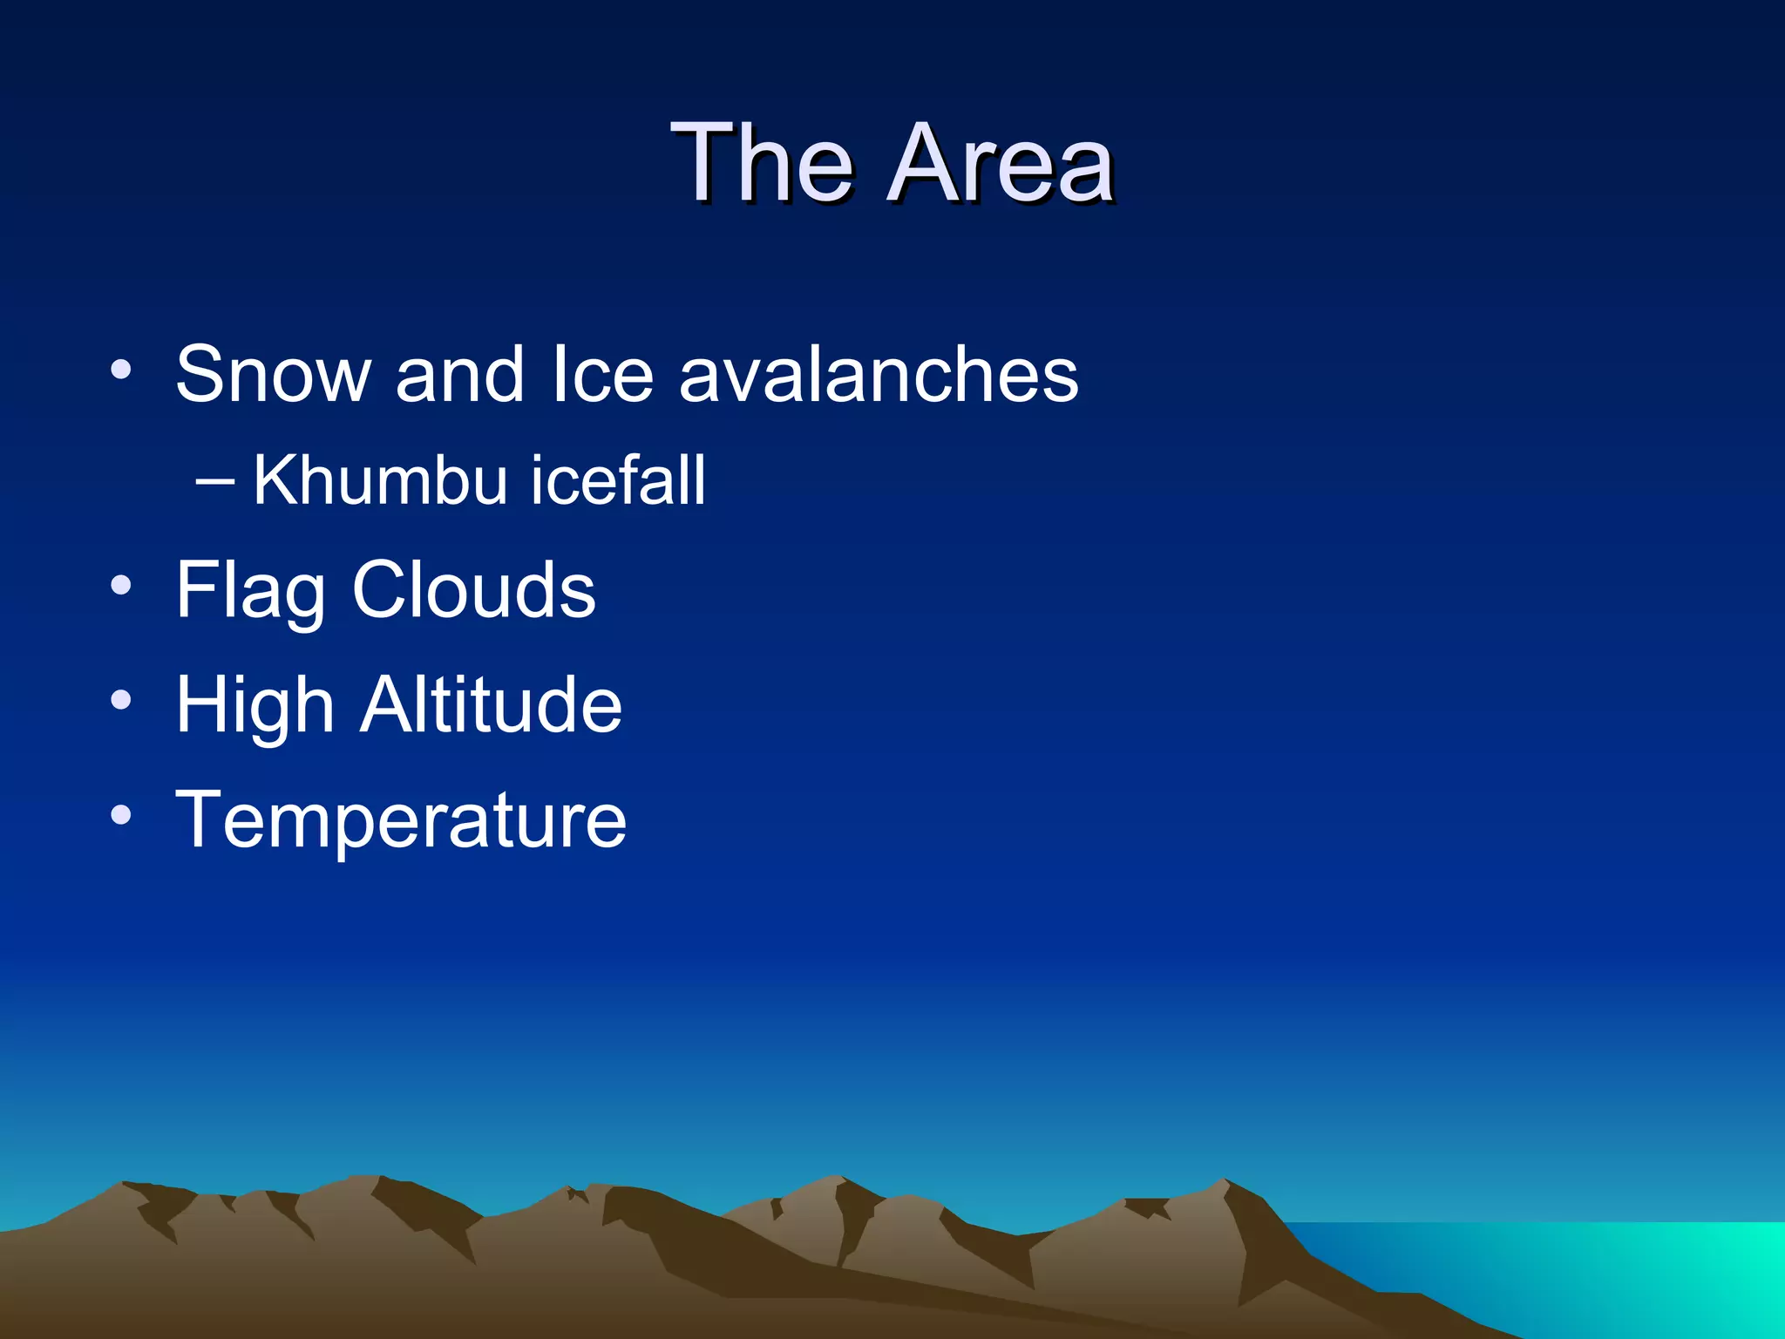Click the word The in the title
pyautogui.click(x=761, y=163)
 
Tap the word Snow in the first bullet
pyautogui.click(x=273, y=375)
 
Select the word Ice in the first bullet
pyautogui.click(x=602, y=375)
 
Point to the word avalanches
pyautogui.click(x=879, y=375)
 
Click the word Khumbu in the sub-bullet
pyautogui.click(x=380, y=480)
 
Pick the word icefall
pyautogui.click(x=618, y=480)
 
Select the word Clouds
pyautogui.click(x=473, y=590)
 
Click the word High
pyautogui.click(x=255, y=706)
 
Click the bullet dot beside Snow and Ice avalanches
pyautogui.click(x=121, y=370)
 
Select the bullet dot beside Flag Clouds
pyautogui.click(x=121, y=585)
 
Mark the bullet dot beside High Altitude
pyautogui.click(x=121, y=700)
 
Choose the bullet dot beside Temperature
pyautogui.click(x=121, y=815)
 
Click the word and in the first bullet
pyautogui.click(x=459, y=375)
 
